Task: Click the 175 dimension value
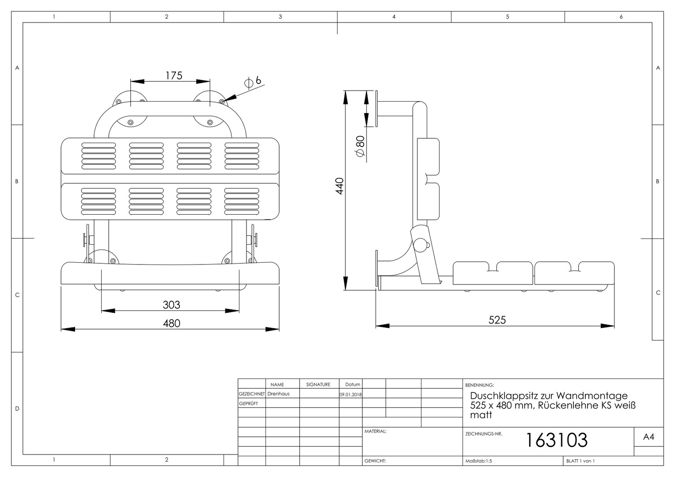pyautogui.click(x=174, y=76)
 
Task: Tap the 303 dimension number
pyautogui.click(x=171, y=305)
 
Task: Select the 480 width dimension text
pyautogui.click(x=171, y=323)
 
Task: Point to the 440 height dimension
pyautogui.click(x=340, y=186)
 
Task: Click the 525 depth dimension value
pyautogui.click(x=497, y=320)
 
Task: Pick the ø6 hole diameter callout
pyautogui.click(x=253, y=81)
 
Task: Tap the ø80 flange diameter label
pyautogui.click(x=360, y=147)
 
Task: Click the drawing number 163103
pyautogui.click(x=557, y=440)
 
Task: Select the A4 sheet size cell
pyautogui.click(x=648, y=437)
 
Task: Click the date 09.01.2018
pyautogui.click(x=351, y=394)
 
